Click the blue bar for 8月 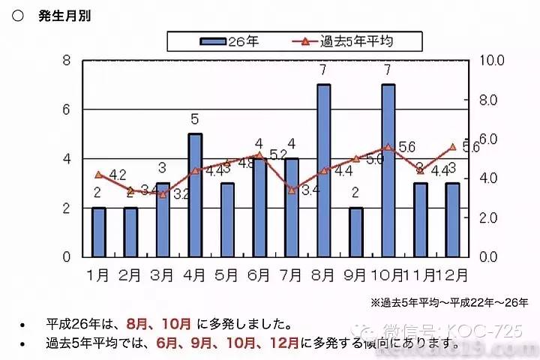click(x=323, y=170)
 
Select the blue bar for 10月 click(x=388, y=170)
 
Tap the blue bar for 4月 click(x=194, y=195)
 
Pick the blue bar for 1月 click(x=98, y=232)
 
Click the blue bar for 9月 click(x=355, y=232)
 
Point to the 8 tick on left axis click(x=67, y=61)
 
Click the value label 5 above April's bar click(x=194, y=118)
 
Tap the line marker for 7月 click(x=292, y=190)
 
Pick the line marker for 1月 click(x=98, y=175)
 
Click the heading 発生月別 click(x=63, y=16)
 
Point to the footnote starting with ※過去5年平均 click(x=448, y=302)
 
